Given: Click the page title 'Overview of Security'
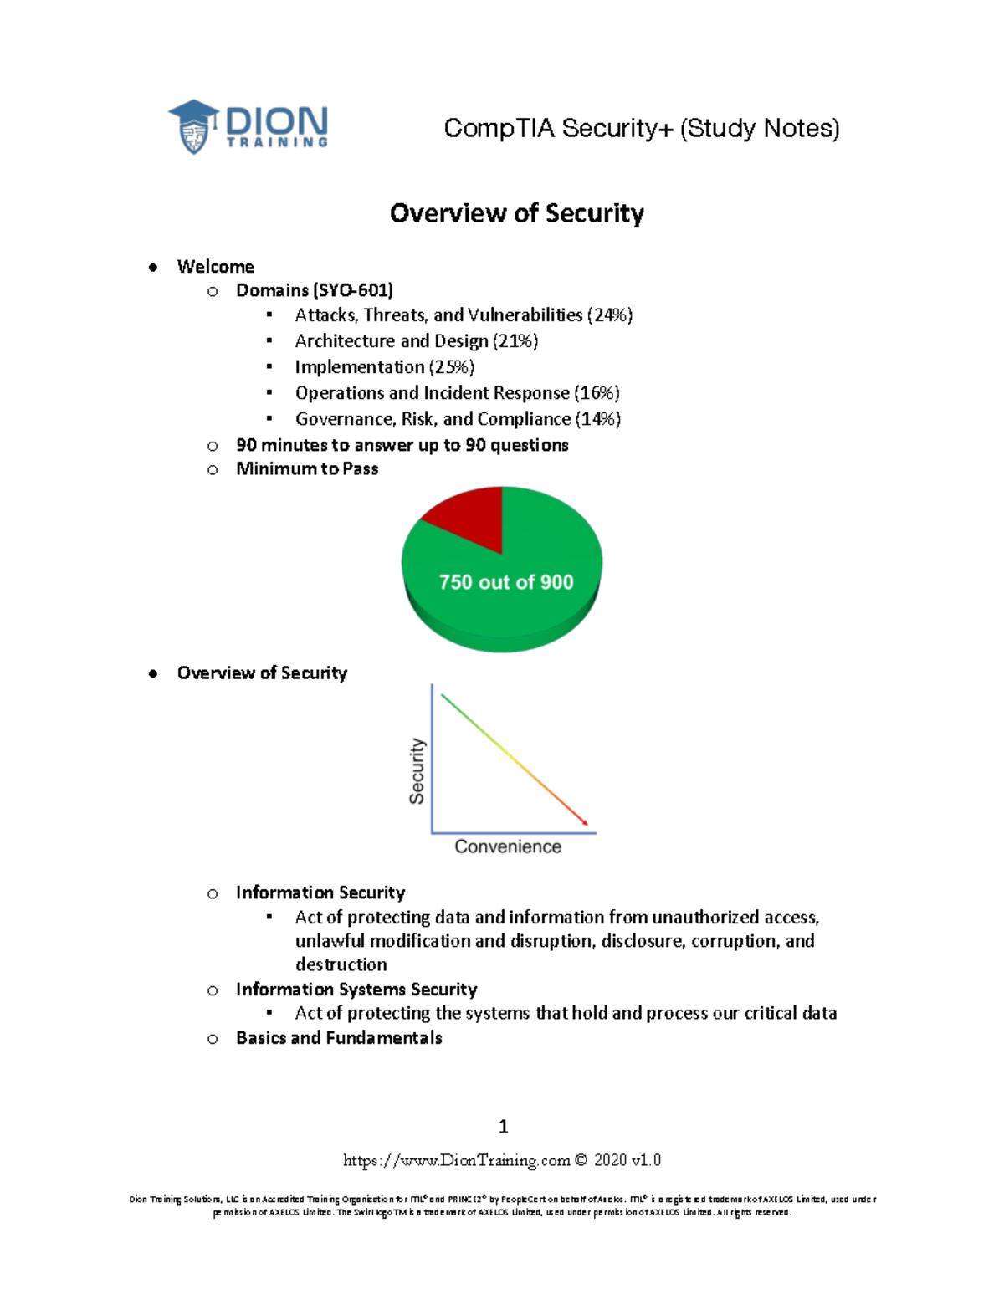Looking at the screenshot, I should pos(516,213).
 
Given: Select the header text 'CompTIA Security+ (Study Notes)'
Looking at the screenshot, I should pos(641,128).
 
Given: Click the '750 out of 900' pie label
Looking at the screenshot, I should pos(506,582).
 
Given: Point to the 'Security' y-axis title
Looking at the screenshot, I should pos(417,770).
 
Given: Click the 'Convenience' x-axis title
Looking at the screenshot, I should pos(508,846).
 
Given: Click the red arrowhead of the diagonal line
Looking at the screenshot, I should pos(584,823).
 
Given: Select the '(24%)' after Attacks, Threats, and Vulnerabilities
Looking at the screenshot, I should pos(610,315).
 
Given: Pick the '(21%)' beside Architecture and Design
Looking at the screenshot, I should pos(515,341).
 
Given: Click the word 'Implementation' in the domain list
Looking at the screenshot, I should pos(360,367).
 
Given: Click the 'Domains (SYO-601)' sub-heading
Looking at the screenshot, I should pos(315,290).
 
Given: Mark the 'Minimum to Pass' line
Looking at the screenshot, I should pos(307,469).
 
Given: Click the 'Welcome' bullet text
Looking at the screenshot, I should pos(216,267).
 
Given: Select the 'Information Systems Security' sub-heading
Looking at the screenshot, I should pos(356,990).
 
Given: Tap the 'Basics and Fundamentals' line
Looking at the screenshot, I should pos(339,1038).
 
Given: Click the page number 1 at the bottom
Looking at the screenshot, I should pos(503,1126).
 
